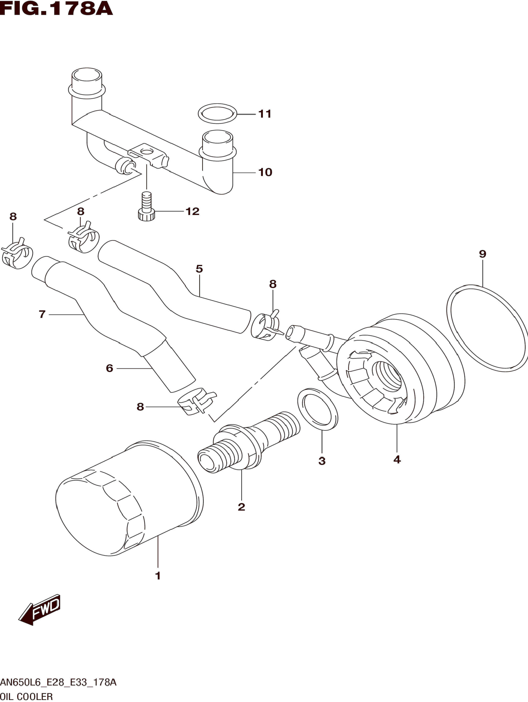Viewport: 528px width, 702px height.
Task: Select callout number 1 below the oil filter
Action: click(158, 576)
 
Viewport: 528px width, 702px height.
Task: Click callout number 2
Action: click(241, 507)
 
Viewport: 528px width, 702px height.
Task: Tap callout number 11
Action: click(265, 114)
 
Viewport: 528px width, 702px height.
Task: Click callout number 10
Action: click(265, 172)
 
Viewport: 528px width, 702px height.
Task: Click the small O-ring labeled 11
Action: click(218, 113)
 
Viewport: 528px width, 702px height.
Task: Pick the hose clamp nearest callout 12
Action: click(83, 240)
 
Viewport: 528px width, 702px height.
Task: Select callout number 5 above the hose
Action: click(199, 269)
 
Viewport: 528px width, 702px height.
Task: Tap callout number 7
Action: click(42, 314)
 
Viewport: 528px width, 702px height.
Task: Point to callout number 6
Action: click(110, 368)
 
